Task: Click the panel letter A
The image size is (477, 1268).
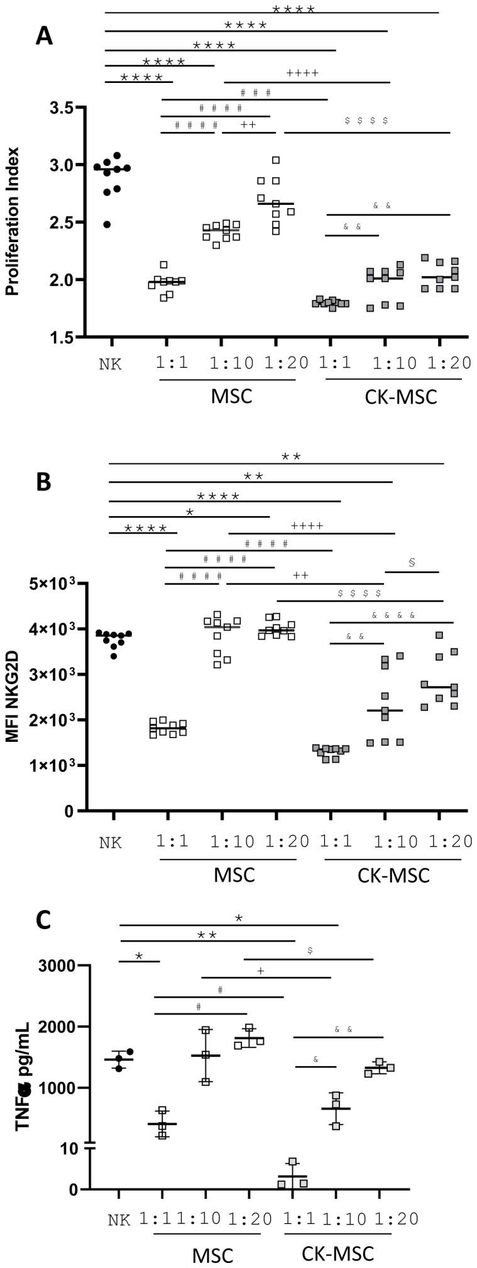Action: (44, 35)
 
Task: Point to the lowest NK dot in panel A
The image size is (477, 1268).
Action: (107, 224)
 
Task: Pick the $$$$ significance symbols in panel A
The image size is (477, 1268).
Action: (366, 120)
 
